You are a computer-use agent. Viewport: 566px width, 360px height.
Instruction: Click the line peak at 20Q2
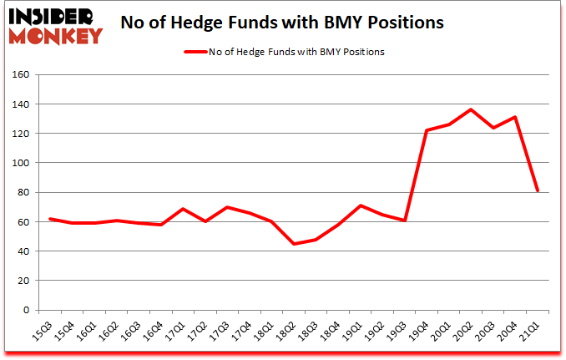click(472, 109)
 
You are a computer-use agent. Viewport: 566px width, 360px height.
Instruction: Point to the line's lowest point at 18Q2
click(294, 244)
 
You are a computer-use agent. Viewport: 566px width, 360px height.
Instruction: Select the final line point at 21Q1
click(538, 191)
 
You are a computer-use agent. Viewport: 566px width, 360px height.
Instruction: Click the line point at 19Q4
click(427, 130)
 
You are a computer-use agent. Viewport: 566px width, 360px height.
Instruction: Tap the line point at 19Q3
click(405, 221)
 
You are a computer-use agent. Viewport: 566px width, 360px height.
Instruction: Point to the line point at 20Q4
click(516, 117)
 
